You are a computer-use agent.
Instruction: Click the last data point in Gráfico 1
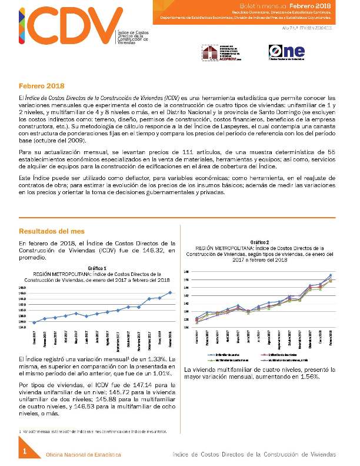pos(171,292)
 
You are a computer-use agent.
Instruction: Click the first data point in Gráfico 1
pos(35,322)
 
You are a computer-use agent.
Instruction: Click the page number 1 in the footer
pos(25,451)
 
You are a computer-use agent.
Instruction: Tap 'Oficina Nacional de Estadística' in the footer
pos(84,455)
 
